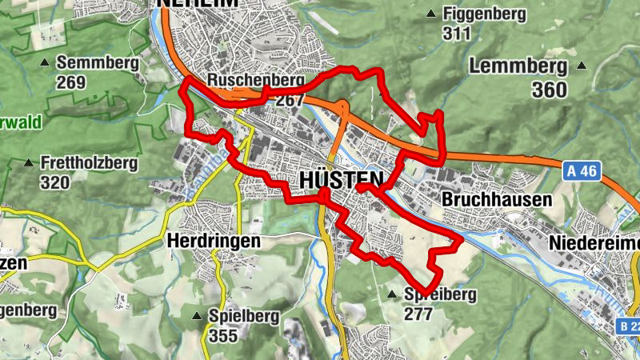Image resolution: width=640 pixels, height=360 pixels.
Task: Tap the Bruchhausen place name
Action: pyautogui.click(x=497, y=198)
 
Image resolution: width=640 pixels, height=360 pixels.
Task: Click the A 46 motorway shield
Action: pyautogui.click(x=582, y=170)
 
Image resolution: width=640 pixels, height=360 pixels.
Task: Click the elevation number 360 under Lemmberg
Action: pyautogui.click(x=550, y=90)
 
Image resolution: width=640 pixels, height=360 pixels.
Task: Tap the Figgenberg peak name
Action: pyautogui.click(x=484, y=14)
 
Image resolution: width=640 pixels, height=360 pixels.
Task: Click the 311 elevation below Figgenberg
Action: pyautogui.click(x=456, y=33)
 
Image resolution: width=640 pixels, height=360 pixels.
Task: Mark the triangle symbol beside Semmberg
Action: pyautogui.click(x=46, y=62)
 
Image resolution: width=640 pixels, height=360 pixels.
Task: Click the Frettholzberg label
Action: pyautogui.click(x=89, y=163)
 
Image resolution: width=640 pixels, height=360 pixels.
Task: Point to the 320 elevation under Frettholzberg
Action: pyautogui.click(x=54, y=182)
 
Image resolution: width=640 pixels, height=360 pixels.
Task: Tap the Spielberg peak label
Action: pyautogui.click(x=243, y=315)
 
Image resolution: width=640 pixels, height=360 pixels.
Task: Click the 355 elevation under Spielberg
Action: pyautogui.click(x=223, y=335)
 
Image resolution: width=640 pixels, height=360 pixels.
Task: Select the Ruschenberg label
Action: pyautogui.click(x=256, y=81)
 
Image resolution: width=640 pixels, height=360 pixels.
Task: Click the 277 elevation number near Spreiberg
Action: pyautogui.click(x=418, y=314)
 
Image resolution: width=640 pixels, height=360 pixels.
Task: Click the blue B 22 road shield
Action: pyautogui.click(x=630, y=326)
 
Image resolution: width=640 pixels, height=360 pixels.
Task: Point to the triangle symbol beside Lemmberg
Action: pyautogui.click(x=582, y=66)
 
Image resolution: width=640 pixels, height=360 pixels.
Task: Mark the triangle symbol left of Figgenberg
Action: pyautogui.click(x=432, y=14)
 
